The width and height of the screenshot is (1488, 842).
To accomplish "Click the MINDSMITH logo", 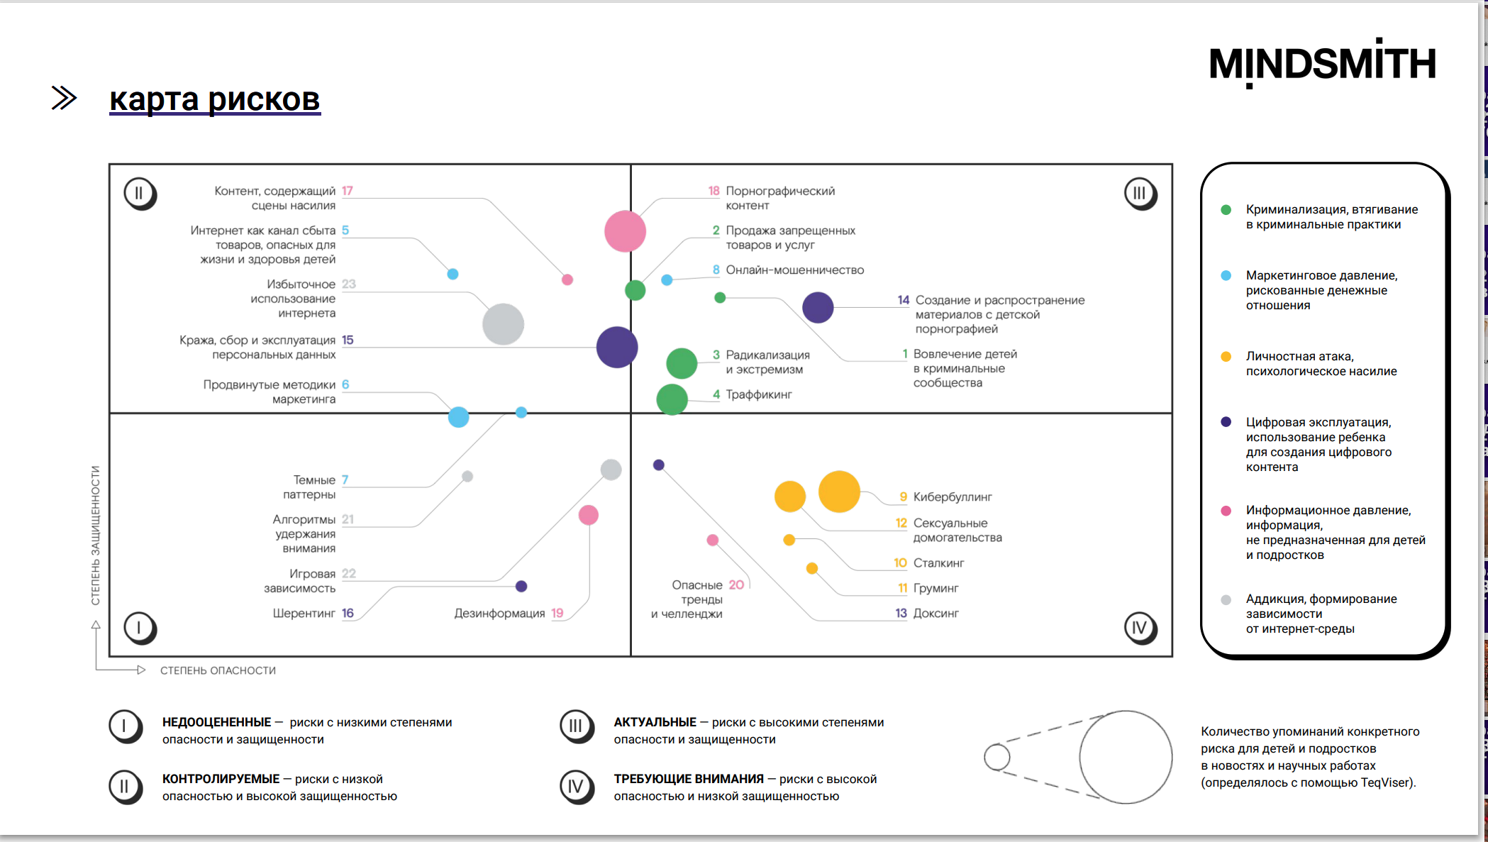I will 1322,64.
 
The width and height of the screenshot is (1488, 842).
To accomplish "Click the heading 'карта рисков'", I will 214,99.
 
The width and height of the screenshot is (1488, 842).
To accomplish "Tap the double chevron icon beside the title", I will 64,98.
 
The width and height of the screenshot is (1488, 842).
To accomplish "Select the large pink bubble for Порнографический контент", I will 625,231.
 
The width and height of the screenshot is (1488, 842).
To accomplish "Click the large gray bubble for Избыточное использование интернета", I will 503,324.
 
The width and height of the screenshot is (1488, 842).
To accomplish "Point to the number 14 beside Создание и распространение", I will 903,300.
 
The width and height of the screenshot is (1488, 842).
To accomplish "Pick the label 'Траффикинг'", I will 758,394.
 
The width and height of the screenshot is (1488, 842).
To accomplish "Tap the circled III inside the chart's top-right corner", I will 1140,194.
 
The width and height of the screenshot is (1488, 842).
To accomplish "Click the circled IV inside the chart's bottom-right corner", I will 1140,628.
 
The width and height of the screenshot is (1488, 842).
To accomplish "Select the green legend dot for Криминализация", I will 1226,210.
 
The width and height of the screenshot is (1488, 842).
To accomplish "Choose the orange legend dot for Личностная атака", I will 1226,357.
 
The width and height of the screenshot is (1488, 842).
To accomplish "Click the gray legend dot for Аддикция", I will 1226,599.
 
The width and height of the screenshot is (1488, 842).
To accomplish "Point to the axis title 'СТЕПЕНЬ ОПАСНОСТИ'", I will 218,670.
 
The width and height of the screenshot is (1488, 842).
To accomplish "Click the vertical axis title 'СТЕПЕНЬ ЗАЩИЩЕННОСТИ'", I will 95,535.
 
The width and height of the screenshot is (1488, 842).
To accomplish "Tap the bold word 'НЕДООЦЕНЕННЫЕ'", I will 216,722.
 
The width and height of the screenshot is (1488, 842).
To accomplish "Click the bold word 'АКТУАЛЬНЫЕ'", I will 655,722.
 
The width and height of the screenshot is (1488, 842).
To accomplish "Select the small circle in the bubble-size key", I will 997,757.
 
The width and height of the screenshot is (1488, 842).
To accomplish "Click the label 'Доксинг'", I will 935,614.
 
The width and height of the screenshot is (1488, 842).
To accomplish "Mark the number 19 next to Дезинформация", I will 557,614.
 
